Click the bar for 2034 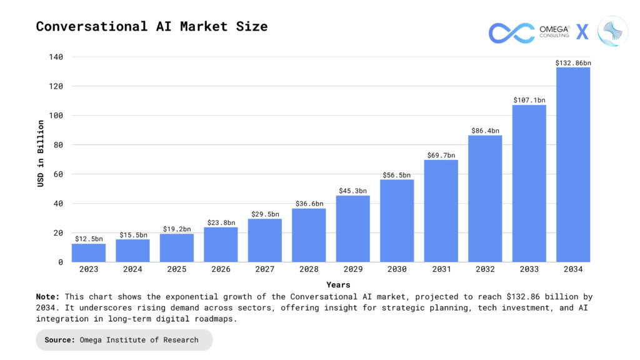pos(573,164)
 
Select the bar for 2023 pos(89,252)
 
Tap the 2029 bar pos(352,229)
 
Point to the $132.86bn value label pos(573,63)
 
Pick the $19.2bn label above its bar pos(177,229)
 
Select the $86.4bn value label pos(485,131)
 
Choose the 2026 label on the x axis pos(221,269)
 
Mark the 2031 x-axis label pos(441,269)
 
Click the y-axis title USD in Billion pos(41,154)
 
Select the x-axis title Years pos(338,285)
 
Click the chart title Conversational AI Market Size pos(152,27)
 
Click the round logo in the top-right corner pos(612,31)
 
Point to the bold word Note pos(48,297)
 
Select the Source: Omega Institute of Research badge pos(124,340)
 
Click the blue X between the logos pos(582,32)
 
